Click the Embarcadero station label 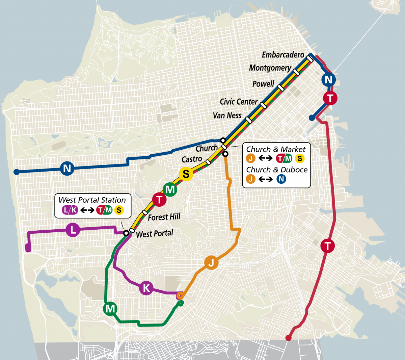pos(283,55)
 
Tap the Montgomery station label pos(270,68)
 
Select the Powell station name pos(263,84)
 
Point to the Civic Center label pos(239,102)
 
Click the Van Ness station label pos(227,115)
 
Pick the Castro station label pos(192,159)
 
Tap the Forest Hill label pos(164,217)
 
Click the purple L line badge pos(73,230)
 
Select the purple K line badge pos(146,288)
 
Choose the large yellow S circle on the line pos(186,174)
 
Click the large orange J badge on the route pos(211,262)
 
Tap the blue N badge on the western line pos(67,168)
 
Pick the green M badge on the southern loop pos(110,309)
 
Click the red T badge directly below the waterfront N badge pos(330,98)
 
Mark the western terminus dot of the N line pos(16,172)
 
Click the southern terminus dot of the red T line pos(288,338)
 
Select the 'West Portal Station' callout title pos(92,200)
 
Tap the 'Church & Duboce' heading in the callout pos(277,170)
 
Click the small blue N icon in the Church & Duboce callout pos(281,179)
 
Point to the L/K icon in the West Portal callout pos(70,210)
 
